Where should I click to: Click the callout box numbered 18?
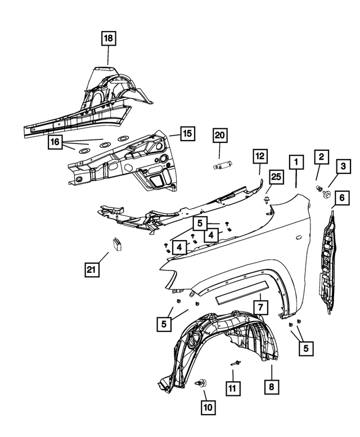(107, 39)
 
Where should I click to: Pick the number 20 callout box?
(219, 135)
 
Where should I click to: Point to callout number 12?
(259, 156)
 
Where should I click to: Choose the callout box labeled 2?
(321, 156)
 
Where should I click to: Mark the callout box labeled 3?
(341, 166)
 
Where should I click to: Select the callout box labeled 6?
(341, 197)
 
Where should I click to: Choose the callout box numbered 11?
(232, 388)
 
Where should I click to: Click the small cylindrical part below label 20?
(220, 165)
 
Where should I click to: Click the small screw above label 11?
(236, 363)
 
